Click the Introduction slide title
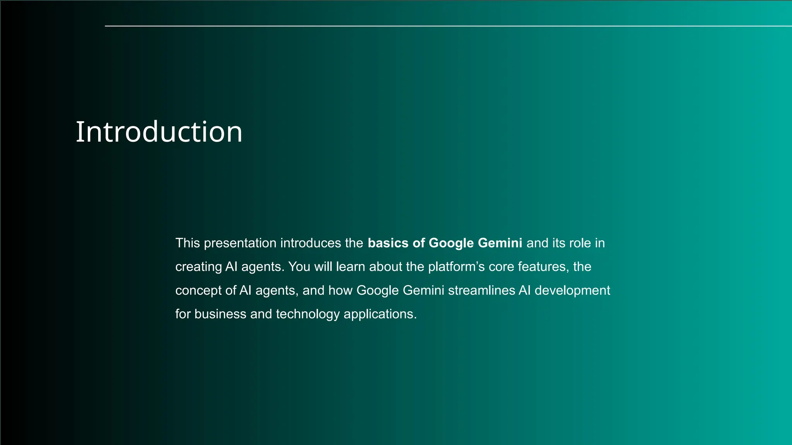click(159, 132)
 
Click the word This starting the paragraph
click(188, 243)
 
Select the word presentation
click(240, 243)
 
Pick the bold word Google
click(451, 243)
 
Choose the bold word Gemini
click(500, 243)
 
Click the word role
click(580, 243)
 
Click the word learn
click(350, 267)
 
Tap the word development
click(572, 290)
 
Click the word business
click(220, 314)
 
